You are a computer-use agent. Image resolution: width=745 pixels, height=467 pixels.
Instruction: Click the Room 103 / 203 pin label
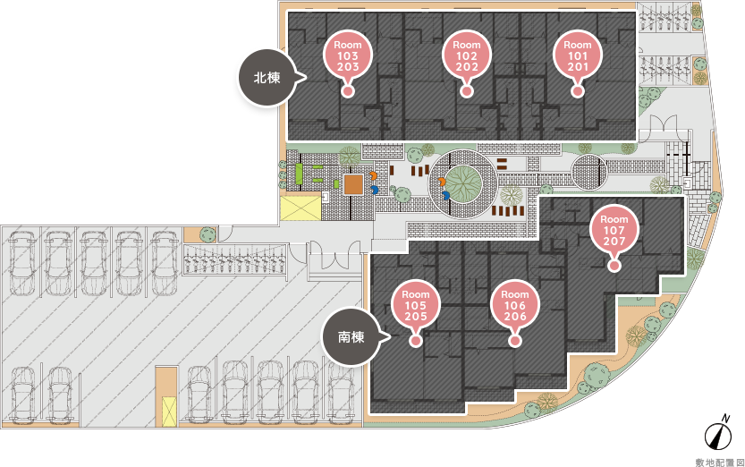(348, 55)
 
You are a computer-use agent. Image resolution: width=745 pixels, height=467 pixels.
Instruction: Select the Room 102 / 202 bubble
(467, 55)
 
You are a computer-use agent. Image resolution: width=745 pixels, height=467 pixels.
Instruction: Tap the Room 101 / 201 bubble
(577, 55)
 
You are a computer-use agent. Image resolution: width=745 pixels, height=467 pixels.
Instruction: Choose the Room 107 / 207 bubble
(614, 229)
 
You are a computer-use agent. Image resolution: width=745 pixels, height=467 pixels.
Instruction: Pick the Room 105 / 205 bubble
(415, 304)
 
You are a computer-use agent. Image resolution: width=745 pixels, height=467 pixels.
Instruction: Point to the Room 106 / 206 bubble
(514, 304)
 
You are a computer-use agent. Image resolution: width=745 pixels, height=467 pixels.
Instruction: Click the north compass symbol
(718, 432)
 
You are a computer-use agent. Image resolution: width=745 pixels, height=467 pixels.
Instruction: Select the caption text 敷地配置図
(719, 463)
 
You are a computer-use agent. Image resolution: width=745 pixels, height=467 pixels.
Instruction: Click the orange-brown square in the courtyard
(353, 184)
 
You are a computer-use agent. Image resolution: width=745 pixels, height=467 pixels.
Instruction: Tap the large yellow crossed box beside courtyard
(301, 208)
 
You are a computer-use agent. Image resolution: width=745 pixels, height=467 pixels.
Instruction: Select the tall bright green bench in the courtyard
(300, 174)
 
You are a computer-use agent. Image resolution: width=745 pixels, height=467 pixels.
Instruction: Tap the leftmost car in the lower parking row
(22, 394)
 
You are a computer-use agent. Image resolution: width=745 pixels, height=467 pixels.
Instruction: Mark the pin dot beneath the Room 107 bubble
(614, 266)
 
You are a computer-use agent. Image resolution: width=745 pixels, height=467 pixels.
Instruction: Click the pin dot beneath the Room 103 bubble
(348, 91)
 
